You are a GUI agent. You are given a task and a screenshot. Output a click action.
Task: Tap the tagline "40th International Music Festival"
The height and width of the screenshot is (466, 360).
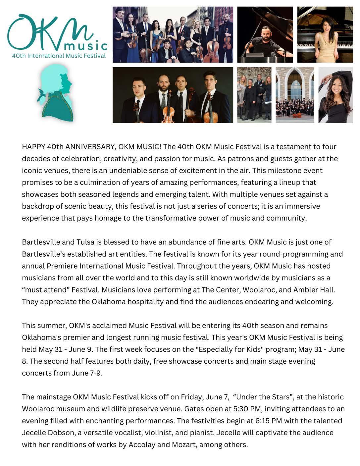pyautogui.click(x=59, y=56)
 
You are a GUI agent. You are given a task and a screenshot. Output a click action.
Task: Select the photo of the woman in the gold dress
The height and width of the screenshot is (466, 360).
pyautogui.click(x=325, y=34)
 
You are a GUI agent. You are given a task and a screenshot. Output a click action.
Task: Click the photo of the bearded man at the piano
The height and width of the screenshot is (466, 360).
pyautogui.click(x=265, y=34)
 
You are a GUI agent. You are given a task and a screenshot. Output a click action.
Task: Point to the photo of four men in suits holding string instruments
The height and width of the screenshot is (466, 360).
pyautogui.click(x=173, y=95)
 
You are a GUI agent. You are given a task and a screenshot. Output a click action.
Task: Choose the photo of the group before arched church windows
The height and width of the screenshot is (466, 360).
pyautogui.click(x=295, y=95)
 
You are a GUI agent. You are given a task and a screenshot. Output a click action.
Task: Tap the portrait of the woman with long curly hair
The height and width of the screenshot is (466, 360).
pyautogui.click(x=335, y=95)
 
